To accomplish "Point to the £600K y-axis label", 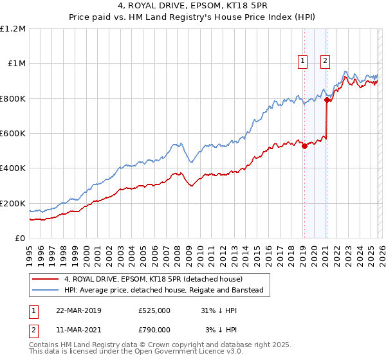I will [13, 133].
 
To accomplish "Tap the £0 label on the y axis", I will [19, 238].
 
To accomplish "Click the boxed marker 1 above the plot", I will [302, 61].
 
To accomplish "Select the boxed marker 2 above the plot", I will [325, 61].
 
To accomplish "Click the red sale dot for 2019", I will [304, 146].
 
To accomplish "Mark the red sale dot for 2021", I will [327, 100].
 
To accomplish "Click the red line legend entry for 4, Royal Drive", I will [153, 279].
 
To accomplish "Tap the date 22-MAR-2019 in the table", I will [78, 310].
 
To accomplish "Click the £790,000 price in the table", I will [154, 329].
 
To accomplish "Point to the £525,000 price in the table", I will [154, 310].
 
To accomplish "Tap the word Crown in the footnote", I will [177, 345].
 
